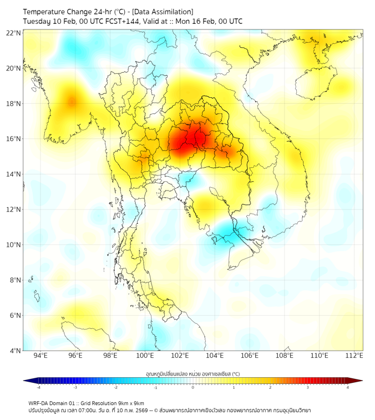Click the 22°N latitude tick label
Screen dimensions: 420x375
click(14, 33)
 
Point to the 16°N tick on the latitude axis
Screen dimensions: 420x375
click(14, 139)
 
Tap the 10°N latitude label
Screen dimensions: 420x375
click(14, 245)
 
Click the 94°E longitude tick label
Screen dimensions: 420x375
click(40, 356)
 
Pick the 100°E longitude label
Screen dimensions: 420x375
click(145, 356)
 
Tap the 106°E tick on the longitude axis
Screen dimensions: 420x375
click(250, 356)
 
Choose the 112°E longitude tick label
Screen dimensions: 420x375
click(354, 356)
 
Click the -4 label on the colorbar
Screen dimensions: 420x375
click(38, 388)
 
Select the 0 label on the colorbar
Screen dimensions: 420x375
click(193, 388)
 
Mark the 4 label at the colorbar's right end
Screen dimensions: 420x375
click(348, 388)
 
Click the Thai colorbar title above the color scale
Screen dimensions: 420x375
click(192, 374)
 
